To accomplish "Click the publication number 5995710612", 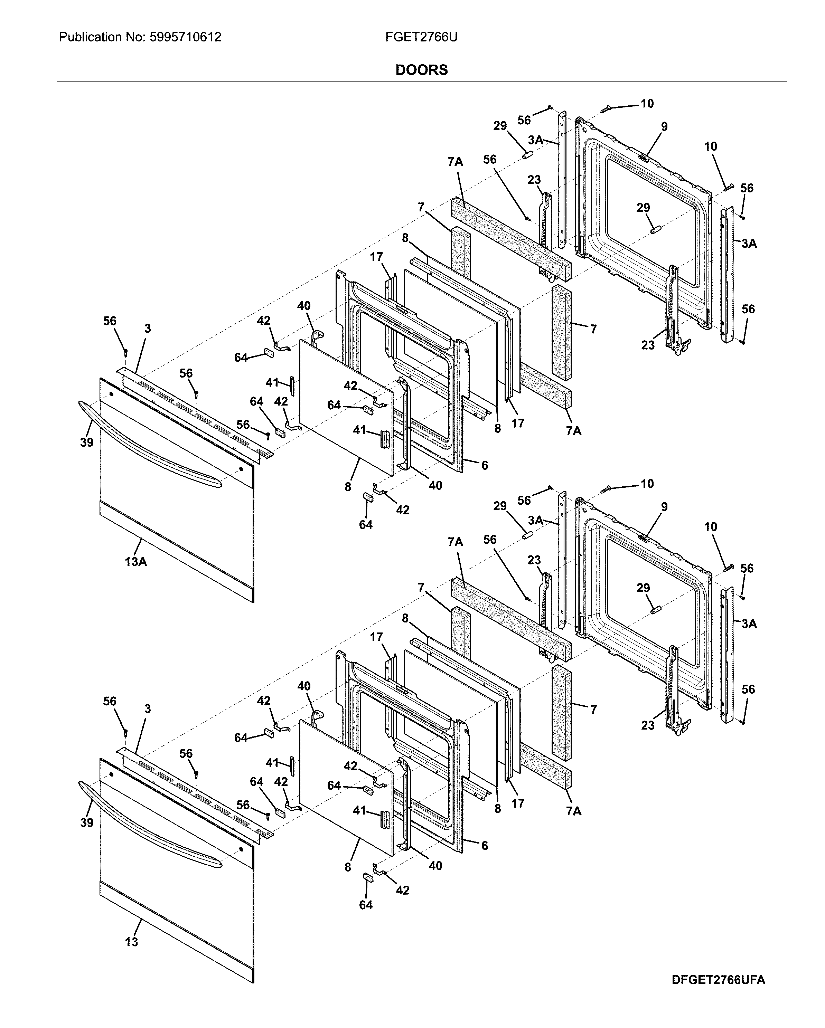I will (185, 37).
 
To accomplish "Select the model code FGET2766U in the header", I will (421, 37).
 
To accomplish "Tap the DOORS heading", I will (421, 70).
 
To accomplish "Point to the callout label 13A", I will (136, 562).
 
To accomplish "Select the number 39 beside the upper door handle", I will (86, 442).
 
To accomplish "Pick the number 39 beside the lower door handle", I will (86, 822).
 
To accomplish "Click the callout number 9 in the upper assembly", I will (664, 126).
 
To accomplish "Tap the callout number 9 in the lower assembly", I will (664, 507).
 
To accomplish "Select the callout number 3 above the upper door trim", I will (148, 329).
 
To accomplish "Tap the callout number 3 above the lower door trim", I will (148, 709).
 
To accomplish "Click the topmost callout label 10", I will (647, 104).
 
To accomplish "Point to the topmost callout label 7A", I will (455, 162).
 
